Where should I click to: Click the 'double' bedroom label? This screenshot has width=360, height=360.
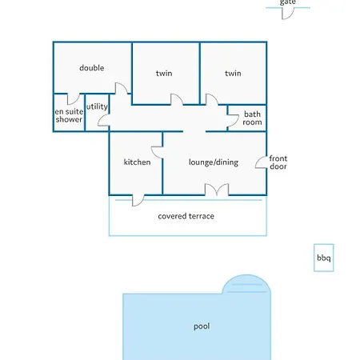click(x=92, y=68)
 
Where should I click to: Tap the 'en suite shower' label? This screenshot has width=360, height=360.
click(x=69, y=115)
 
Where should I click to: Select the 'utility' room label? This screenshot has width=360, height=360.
click(x=97, y=106)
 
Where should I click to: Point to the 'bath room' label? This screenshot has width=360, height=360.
click(x=252, y=118)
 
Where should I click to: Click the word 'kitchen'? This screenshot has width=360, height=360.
click(x=137, y=162)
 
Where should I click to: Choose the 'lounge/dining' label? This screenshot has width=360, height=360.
click(x=214, y=162)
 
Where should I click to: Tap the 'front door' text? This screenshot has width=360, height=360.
click(x=278, y=162)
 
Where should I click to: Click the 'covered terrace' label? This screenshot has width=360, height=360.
click(x=186, y=216)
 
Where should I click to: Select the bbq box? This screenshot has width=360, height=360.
click(x=324, y=258)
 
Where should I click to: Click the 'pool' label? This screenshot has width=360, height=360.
click(x=202, y=326)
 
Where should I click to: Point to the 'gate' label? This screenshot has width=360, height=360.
click(x=287, y=2)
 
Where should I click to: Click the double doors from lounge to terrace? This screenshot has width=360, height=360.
click(x=217, y=190)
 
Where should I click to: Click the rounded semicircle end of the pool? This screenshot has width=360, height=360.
click(x=246, y=284)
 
